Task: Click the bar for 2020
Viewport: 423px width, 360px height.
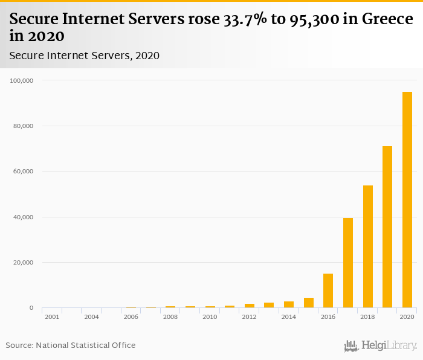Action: tap(407, 200)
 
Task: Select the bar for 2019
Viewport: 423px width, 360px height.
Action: tap(387, 227)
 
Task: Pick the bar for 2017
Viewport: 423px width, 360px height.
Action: tap(348, 263)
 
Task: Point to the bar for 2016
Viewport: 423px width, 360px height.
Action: tap(328, 291)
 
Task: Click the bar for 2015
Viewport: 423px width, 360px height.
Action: tap(308, 303)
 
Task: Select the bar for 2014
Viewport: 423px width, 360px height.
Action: tap(289, 304)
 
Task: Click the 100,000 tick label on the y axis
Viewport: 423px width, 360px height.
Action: tap(22, 80)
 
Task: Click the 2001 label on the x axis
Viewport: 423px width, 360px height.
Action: tap(52, 317)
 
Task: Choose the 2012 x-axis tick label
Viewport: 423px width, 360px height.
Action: tap(249, 317)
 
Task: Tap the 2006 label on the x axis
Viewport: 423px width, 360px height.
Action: tap(131, 317)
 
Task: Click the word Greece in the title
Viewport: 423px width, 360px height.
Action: tap(387, 19)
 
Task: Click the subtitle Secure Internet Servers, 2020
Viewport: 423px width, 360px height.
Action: tap(84, 56)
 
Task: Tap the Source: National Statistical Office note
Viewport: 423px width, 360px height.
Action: tap(71, 345)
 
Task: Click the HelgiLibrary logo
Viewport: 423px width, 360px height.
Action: tap(380, 346)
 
